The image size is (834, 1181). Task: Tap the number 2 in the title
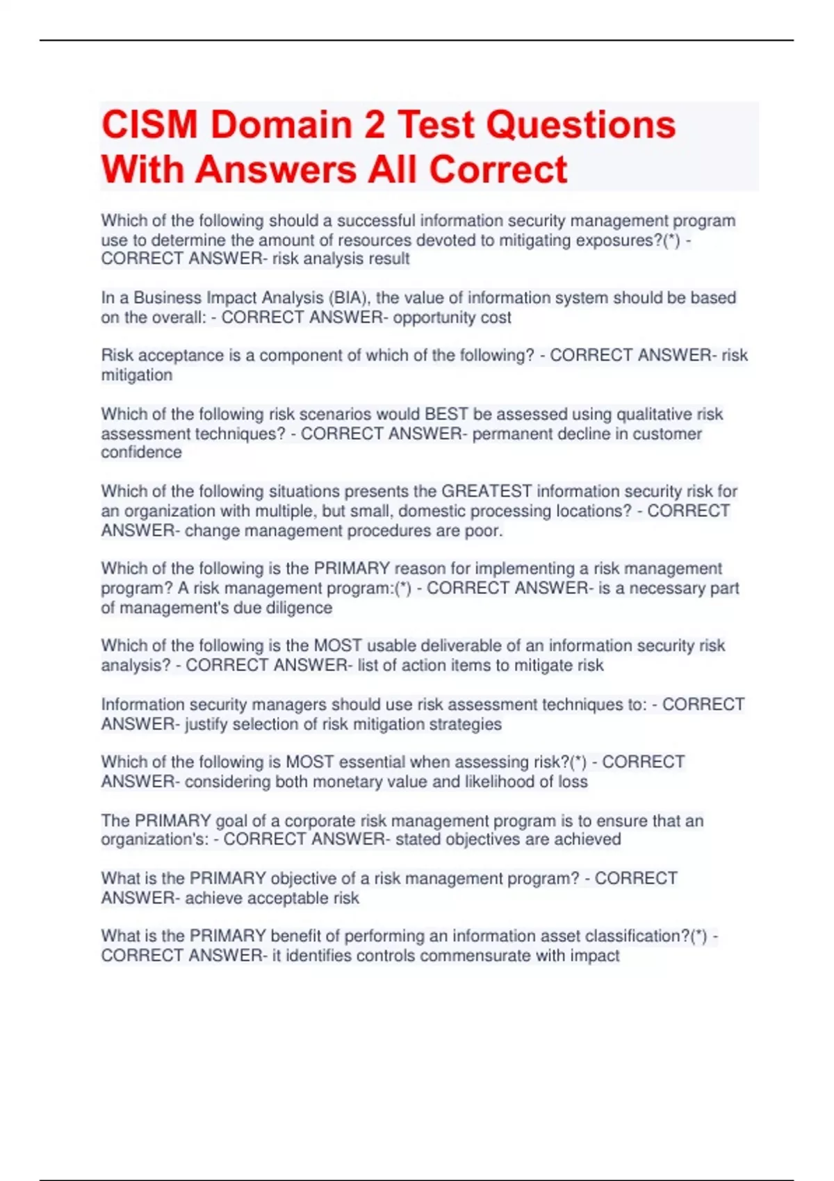[x=374, y=125]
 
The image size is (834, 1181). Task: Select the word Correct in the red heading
[x=498, y=170]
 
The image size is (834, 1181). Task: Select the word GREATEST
[x=486, y=491]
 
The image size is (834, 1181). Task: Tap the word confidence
[x=141, y=452]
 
